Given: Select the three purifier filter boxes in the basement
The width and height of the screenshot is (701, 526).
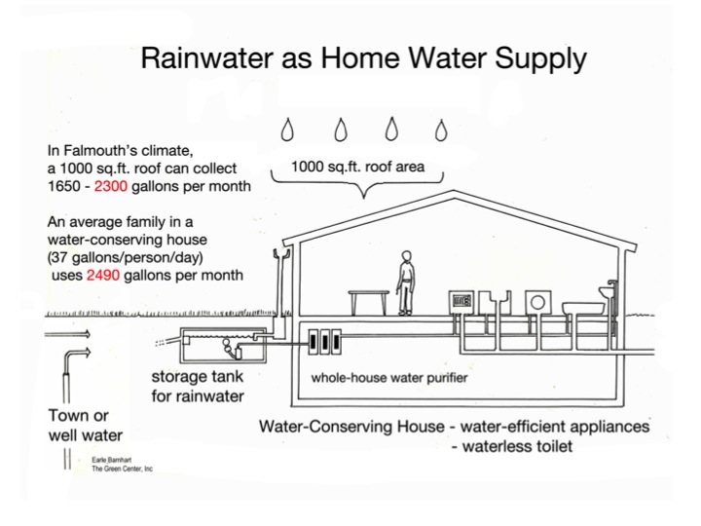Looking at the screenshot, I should (322, 343).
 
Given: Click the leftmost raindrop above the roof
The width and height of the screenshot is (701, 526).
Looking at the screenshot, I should (288, 129).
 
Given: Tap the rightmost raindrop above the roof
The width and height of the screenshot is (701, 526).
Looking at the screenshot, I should (442, 129).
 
